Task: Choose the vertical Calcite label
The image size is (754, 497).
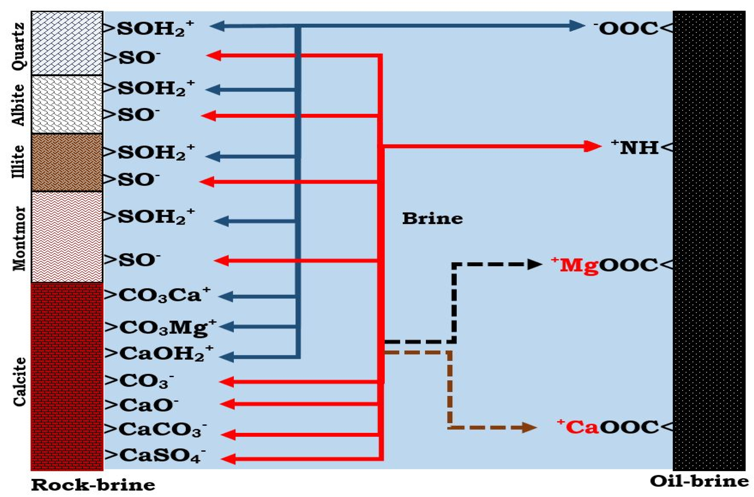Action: (x=20, y=382)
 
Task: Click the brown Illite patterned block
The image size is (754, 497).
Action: (x=67, y=162)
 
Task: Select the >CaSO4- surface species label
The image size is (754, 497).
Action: (x=155, y=456)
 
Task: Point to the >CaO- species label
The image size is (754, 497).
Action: (x=142, y=405)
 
